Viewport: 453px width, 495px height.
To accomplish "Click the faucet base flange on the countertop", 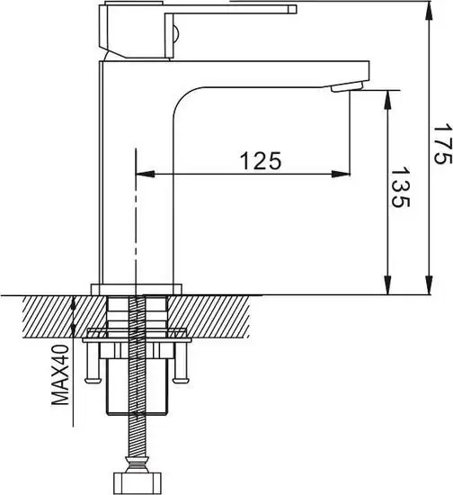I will [138, 289].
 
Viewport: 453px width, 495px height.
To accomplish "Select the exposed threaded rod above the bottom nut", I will [138, 441].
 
